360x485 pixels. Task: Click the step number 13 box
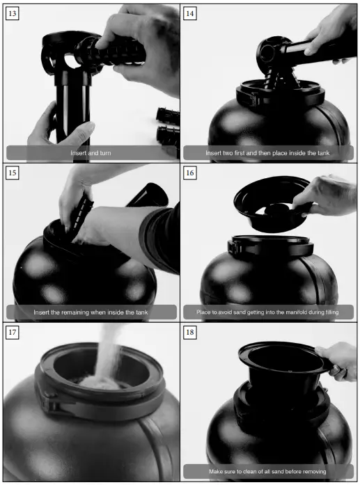pyautogui.click(x=13, y=13)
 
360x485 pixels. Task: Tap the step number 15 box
pyautogui.click(x=13, y=172)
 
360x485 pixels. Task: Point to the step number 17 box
pyautogui.click(x=13, y=331)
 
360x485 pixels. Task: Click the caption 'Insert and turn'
pyautogui.click(x=91, y=152)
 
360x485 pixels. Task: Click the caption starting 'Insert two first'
pyautogui.click(x=269, y=152)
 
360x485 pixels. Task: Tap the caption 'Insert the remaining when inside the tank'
pyautogui.click(x=91, y=312)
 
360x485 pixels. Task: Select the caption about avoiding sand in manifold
pyautogui.click(x=269, y=312)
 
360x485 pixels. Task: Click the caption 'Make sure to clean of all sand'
pyautogui.click(x=268, y=471)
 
